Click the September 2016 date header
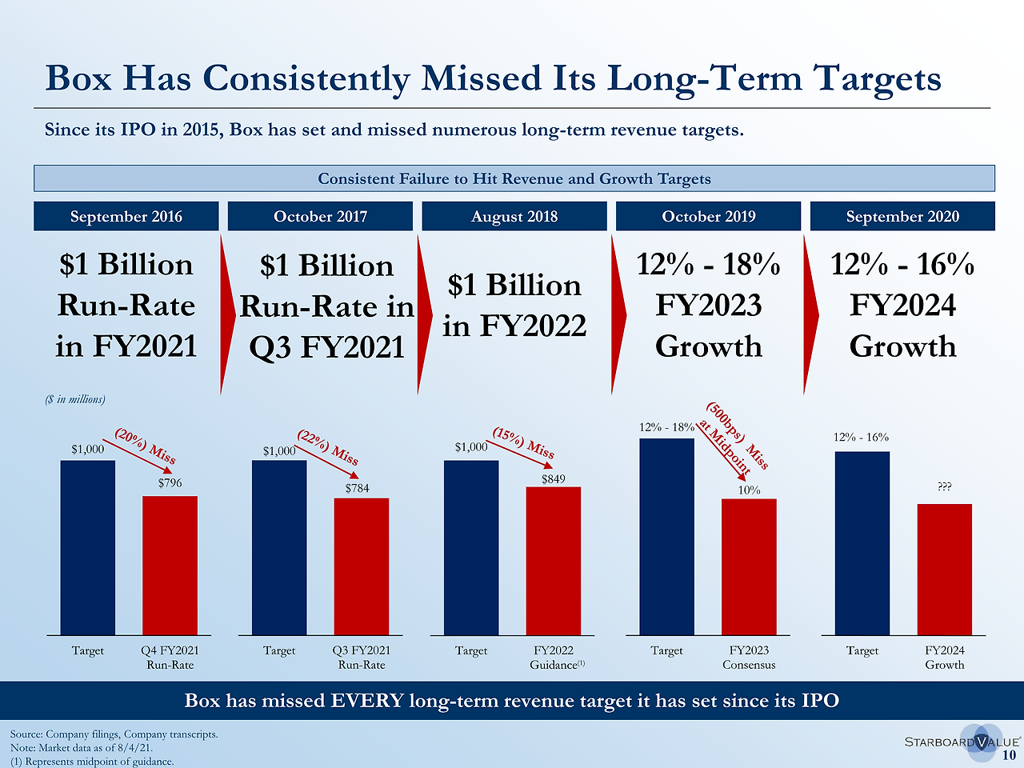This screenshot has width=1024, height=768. [126, 216]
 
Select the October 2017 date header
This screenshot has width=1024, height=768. [320, 216]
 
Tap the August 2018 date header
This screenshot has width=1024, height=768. [514, 216]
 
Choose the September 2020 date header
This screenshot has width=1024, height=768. [902, 216]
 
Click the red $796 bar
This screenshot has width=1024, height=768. [170, 565]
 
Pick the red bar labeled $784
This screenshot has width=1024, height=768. [362, 566]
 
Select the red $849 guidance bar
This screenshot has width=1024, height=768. [554, 560]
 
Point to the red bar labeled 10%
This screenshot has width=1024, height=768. [749, 566]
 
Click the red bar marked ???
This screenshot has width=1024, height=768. [945, 569]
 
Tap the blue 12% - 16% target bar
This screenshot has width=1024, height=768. [862, 543]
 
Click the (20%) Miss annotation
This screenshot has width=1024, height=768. [146, 446]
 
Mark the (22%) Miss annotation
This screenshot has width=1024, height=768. [328, 447]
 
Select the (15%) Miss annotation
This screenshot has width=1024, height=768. [523, 442]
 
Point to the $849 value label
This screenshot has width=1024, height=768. [554, 478]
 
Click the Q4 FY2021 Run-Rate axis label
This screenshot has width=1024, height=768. [170, 658]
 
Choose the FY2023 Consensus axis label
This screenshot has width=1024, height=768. [749, 658]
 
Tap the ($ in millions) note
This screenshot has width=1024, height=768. [75, 398]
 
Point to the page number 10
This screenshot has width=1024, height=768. [1010, 754]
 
